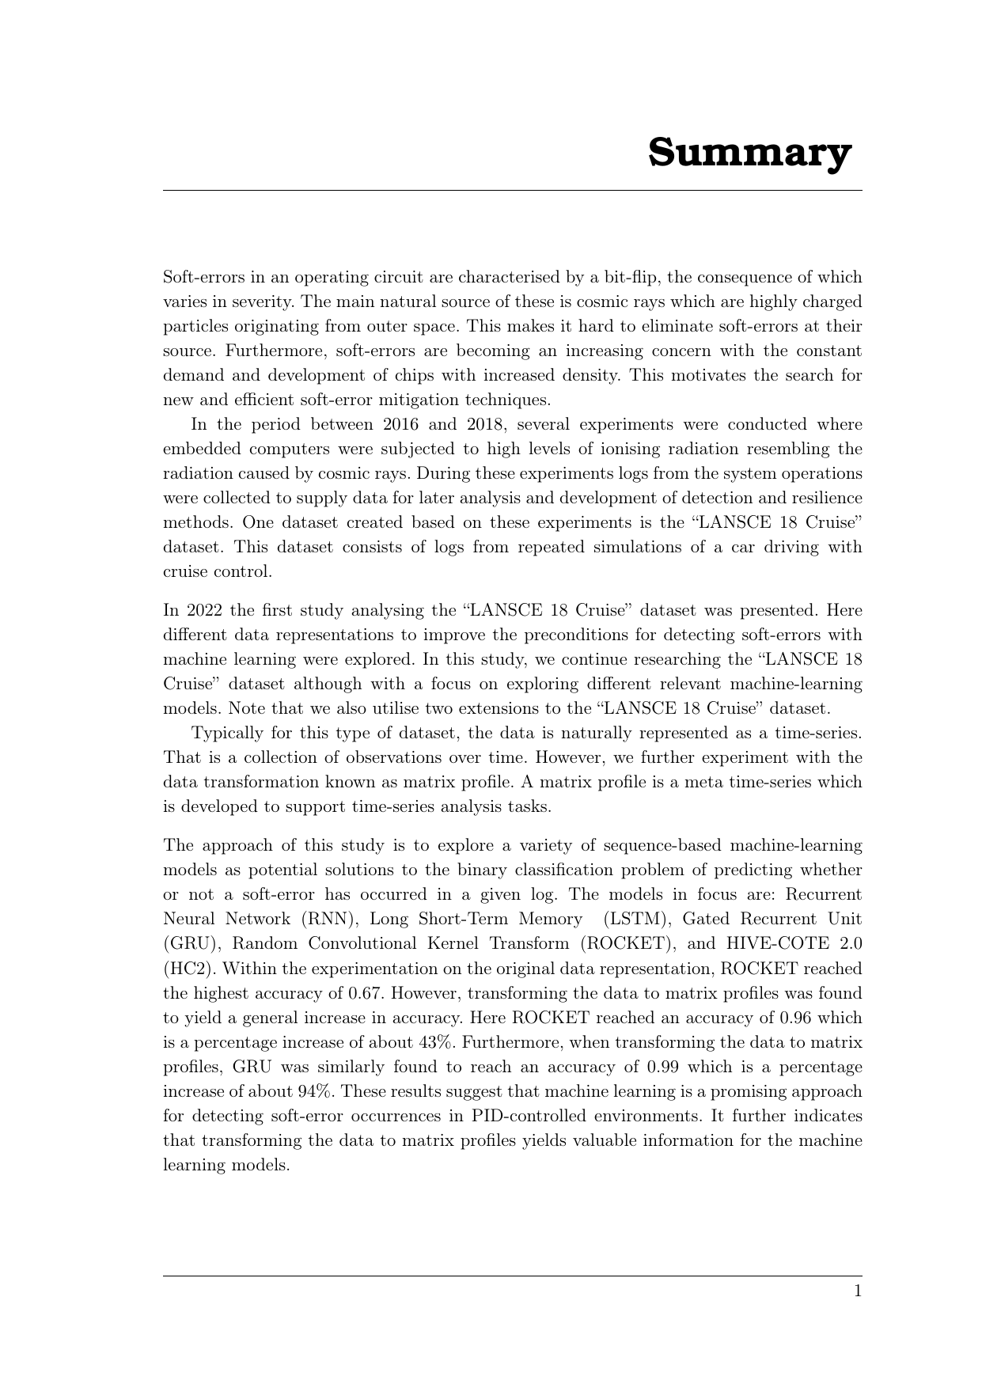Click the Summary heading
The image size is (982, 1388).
pyautogui.click(x=749, y=152)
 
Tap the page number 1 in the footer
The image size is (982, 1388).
pyautogui.click(x=857, y=1291)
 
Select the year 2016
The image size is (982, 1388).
pyautogui.click(x=400, y=424)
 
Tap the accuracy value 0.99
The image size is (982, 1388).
pyautogui.click(x=663, y=1067)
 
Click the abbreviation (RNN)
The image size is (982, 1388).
pyautogui.click(x=326, y=919)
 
